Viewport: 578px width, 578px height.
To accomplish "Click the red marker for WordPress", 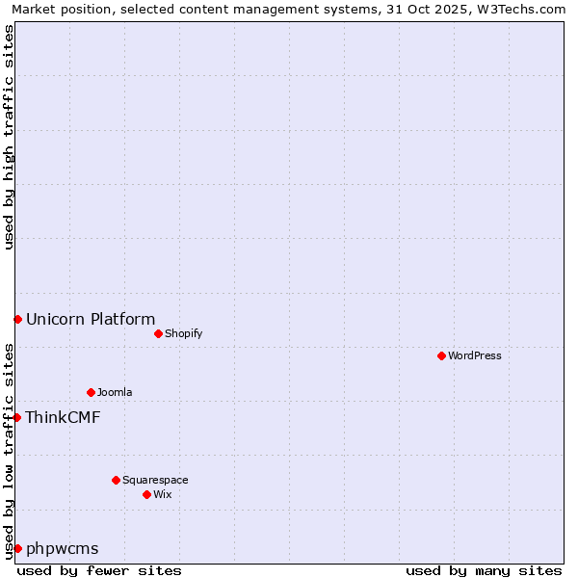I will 441,355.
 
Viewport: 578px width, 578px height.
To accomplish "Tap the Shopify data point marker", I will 158,333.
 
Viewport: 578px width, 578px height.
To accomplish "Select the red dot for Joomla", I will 91,392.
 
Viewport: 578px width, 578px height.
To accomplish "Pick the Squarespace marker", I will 116,480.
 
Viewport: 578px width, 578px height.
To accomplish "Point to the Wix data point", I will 146,494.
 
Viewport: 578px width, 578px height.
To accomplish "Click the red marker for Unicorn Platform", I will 17,319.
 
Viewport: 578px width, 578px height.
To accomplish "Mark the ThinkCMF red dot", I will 17,417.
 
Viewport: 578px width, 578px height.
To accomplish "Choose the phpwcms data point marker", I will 17,548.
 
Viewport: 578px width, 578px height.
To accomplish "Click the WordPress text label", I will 475,355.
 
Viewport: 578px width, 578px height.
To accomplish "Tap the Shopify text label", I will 183,333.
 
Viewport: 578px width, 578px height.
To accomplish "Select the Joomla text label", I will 115,392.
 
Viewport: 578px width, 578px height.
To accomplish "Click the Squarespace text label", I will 155,480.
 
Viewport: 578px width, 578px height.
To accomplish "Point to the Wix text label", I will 162,494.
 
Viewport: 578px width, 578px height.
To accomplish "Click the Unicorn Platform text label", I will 91,320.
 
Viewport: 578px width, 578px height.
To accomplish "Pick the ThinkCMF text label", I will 63,417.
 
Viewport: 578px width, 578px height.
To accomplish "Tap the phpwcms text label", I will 63,549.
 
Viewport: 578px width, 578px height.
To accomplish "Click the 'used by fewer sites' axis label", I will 99,570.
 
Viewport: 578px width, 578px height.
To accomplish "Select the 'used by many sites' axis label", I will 484,570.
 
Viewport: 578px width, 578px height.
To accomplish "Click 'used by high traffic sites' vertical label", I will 9,137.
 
